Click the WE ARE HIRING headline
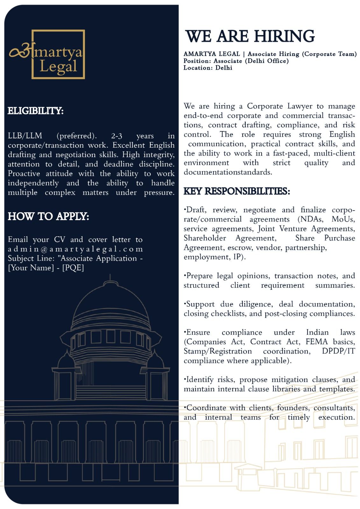pos(250,36)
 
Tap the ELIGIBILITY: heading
pos(36,111)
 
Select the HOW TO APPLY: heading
pos(48,216)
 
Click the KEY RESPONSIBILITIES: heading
pos(237,191)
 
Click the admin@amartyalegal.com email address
pos(75,249)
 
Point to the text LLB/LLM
pos(25,136)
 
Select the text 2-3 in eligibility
pos(116,136)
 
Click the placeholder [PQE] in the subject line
pos(73,268)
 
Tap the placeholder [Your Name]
pos(31,268)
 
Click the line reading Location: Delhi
pos(208,68)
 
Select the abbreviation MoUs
pos(343,219)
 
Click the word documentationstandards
pos(228,172)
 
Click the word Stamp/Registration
pos(218,351)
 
